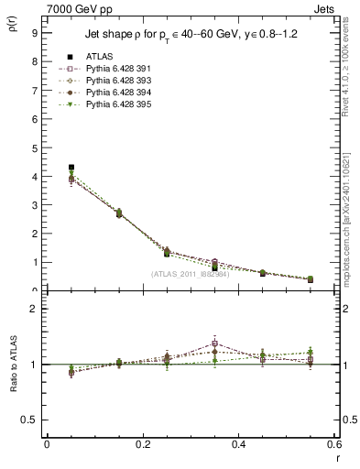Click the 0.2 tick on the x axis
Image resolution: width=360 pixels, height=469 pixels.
point(142,443)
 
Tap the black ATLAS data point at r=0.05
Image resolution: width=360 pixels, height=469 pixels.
point(71,168)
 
